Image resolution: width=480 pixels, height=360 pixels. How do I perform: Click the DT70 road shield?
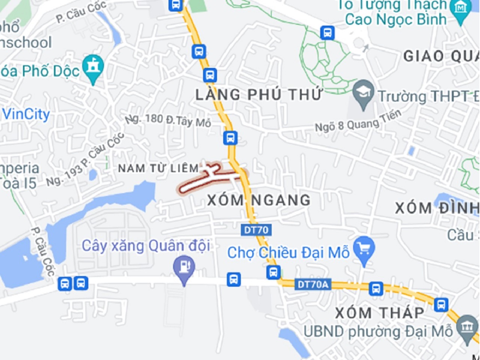click(256, 229)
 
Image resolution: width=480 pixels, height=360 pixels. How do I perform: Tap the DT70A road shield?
click(313, 285)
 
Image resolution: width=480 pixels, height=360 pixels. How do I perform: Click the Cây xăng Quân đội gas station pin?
click(184, 267)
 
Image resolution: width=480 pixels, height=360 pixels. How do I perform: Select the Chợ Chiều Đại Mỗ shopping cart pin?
click(364, 249)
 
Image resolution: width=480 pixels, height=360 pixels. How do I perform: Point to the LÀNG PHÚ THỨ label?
click(259, 94)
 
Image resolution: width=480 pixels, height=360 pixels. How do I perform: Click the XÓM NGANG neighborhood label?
click(259, 200)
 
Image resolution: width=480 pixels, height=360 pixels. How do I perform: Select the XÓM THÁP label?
click(379, 313)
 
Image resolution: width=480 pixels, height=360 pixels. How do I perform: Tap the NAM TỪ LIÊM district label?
click(158, 168)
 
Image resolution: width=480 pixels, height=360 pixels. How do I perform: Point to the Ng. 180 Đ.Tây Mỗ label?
click(168, 120)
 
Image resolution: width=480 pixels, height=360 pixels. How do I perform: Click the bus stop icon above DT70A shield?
click(274, 272)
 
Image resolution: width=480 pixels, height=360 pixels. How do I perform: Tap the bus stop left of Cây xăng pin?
click(81, 283)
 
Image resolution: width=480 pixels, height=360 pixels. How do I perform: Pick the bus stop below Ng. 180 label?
click(230, 138)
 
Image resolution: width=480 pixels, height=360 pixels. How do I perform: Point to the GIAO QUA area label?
click(441, 56)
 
